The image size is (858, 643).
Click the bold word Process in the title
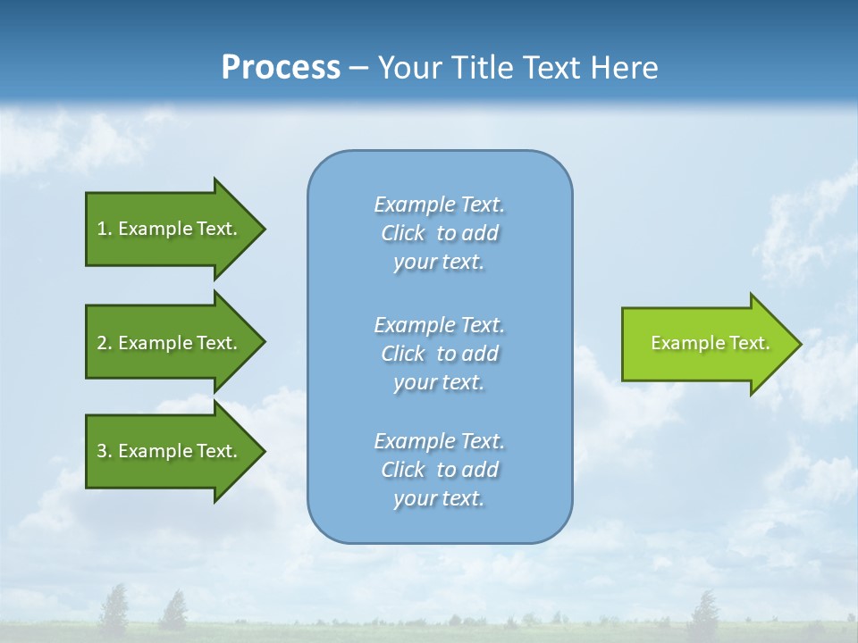click(x=281, y=68)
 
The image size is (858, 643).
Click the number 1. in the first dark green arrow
click(x=105, y=229)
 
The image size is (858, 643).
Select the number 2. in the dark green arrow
click(x=105, y=343)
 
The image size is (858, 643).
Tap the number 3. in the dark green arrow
click(x=105, y=451)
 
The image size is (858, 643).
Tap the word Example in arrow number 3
click(x=155, y=451)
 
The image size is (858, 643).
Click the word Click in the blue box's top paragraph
click(x=402, y=233)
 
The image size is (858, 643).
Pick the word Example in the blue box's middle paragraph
click(x=414, y=325)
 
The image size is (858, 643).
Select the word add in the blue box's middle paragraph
click(x=480, y=354)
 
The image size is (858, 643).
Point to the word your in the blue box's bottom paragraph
click(x=414, y=498)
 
